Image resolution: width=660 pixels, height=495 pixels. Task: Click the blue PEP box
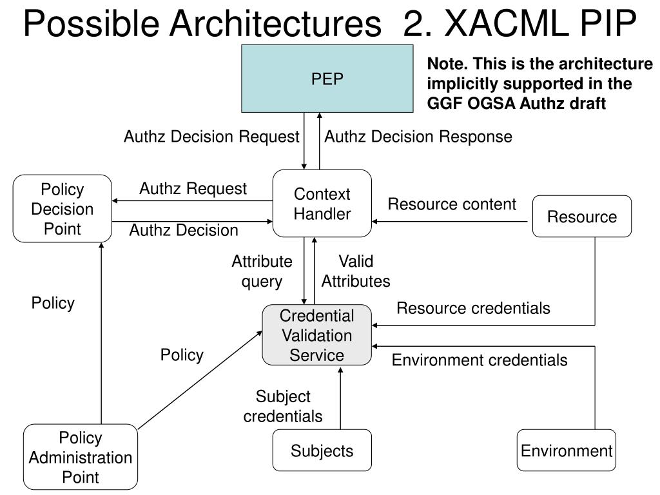click(x=327, y=79)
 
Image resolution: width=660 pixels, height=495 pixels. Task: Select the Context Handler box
click(x=322, y=204)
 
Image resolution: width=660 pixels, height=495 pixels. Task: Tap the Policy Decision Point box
click(x=63, y=209)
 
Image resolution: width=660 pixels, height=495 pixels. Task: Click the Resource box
click(x=582, y=217)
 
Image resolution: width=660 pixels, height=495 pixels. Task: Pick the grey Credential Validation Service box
click(x=316, y=335)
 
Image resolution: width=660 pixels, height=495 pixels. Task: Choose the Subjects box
click(x=322, y=451)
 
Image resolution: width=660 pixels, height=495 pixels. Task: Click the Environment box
click(x=567, y=451)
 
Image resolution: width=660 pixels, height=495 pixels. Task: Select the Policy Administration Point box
click(x=81, y=457)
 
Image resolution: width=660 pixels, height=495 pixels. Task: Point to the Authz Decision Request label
click(x=211, y=137)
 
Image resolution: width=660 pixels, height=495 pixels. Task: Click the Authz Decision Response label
click(x=418, y=137)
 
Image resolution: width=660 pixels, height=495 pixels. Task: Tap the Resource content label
click(x=452, y=204)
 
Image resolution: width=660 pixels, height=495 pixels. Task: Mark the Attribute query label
click(x=262, y=271)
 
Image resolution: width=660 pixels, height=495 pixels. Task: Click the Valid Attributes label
click(x=356, y=271)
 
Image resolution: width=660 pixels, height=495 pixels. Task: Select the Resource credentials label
click(x=473, y=308)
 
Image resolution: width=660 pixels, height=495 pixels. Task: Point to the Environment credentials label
click(x=480, y=360)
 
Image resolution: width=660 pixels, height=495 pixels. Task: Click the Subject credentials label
click(x=283, y=406)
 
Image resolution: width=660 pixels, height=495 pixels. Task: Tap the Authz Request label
click(x=193, y=189)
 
